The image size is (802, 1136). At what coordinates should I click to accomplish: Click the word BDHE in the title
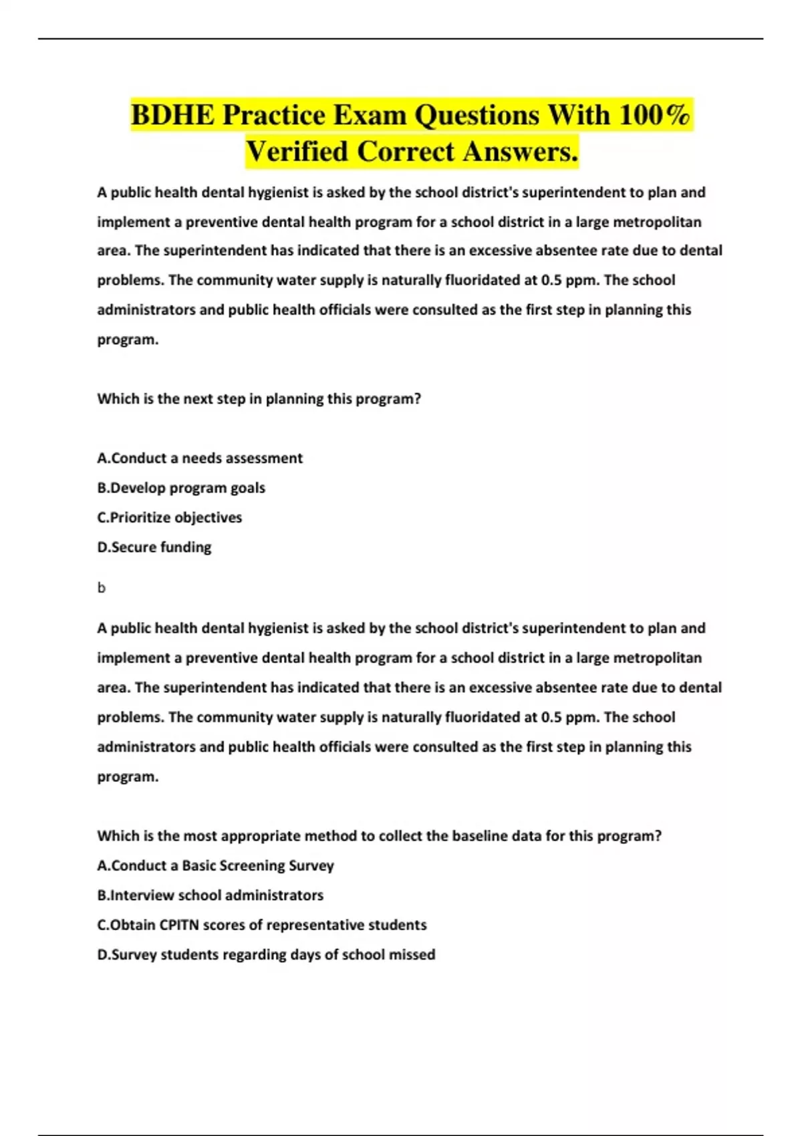(172, 115)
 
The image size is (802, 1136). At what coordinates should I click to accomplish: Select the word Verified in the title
(297, 152)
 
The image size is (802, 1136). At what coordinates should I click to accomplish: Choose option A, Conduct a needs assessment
(200, 458)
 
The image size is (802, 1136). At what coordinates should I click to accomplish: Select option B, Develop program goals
(181, 488)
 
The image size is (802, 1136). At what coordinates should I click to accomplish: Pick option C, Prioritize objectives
(170, 517)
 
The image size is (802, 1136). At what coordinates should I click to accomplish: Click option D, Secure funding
(154, 547)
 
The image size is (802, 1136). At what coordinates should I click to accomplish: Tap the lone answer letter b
(102, 588)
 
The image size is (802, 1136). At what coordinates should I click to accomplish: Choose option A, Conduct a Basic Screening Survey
(215, 865)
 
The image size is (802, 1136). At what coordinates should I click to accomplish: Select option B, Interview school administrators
(211, 895)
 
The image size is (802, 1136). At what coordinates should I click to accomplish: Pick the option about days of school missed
(266, 955)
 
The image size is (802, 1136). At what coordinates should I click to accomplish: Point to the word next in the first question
(198, 399)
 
